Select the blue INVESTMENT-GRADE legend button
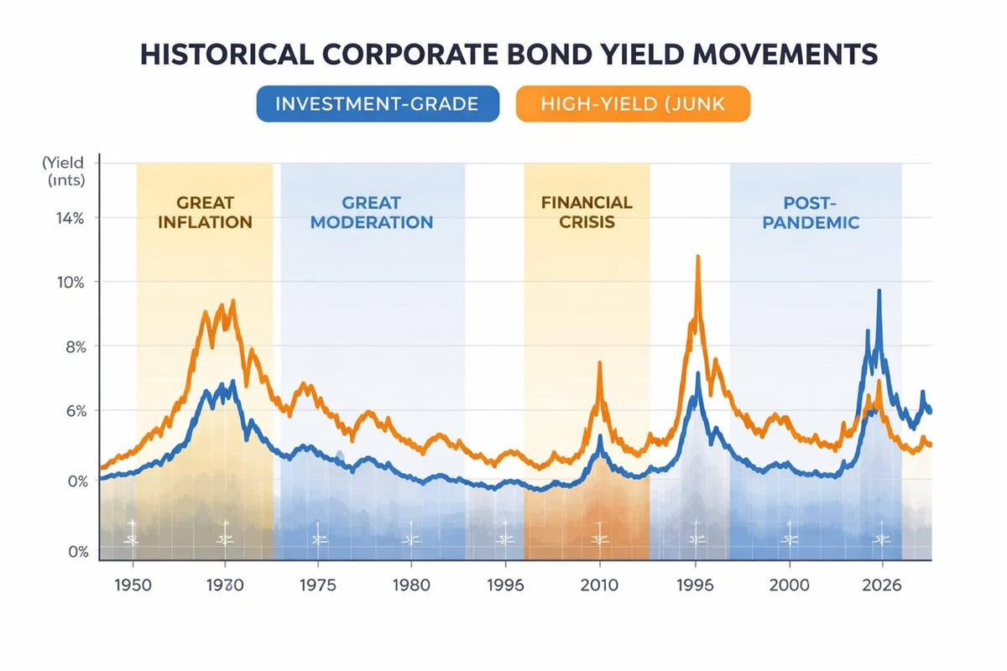tap(377, 105)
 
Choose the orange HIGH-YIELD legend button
tap(633, 105)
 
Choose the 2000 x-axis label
tap(790, 585)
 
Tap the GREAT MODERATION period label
tap(372, 212)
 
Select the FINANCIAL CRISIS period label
tap(587, 212)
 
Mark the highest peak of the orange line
tap(697, 257)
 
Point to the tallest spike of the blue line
tap(879, 291)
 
